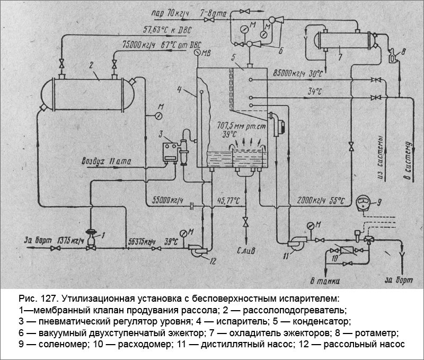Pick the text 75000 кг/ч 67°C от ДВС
(x=156, y=45)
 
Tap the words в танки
(x=324, y=280)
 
